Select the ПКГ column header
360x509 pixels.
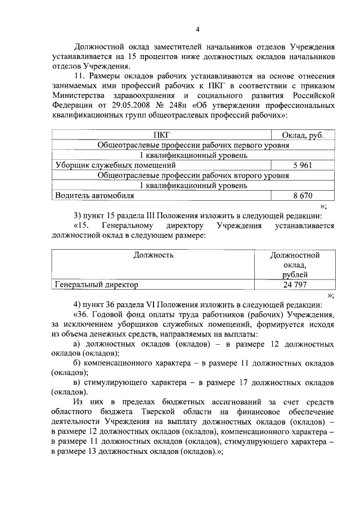coord(161,135)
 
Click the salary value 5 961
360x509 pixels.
coord(303,165)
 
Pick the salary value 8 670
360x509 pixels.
coord(303,196)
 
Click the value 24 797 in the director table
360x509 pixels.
coord(295,285)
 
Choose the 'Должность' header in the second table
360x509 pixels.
coord(153,255)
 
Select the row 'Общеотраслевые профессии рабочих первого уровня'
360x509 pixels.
coord(193,145)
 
